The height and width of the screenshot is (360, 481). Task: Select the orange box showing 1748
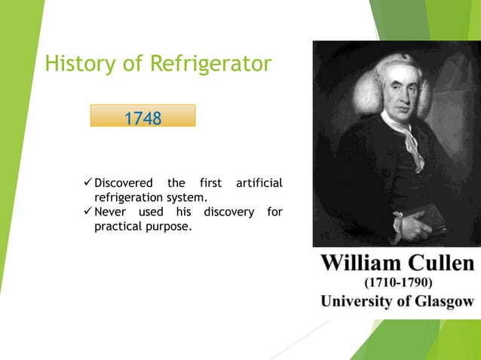point(142,116)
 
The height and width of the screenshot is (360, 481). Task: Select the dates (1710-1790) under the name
point(397,283)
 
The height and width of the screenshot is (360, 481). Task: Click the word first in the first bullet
point(212,183)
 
